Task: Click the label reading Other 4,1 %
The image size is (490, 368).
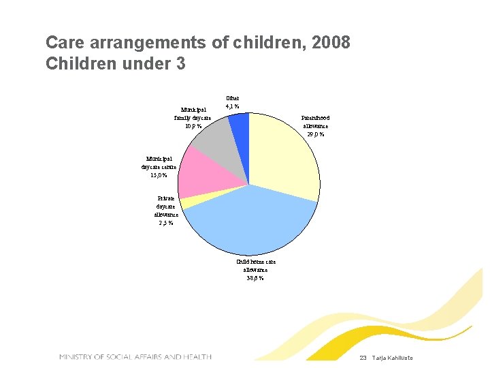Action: click(x=232, y=102)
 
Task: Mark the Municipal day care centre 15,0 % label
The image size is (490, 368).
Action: click(x=159, y=167)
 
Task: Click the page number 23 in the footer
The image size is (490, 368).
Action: click(x=363, y=358)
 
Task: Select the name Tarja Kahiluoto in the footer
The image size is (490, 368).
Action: click(x=393, y=358)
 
